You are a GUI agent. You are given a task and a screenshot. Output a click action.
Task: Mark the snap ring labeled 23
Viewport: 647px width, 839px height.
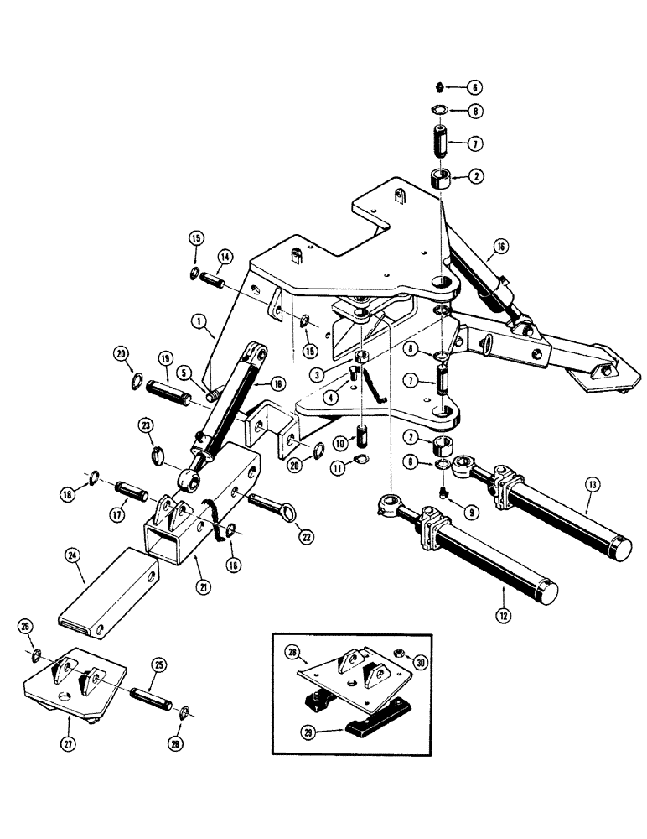(x=163, y=456)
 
